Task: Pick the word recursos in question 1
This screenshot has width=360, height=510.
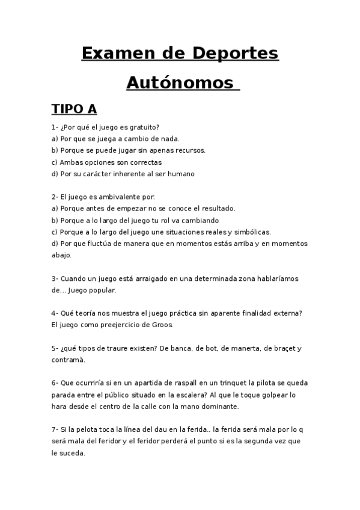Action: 189,150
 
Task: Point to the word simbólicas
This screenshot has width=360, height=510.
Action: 252,232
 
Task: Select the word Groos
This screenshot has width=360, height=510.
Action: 163,325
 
